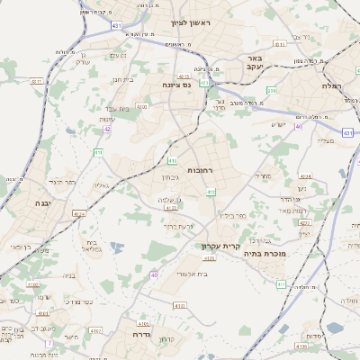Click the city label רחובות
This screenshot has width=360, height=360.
pyautogui.click(x=198, y=169)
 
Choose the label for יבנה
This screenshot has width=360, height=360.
pyautogui.click(x=18, y=203)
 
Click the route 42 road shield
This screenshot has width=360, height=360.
pyautogui.click(x=107, y=129)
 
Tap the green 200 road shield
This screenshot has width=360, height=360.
pyautogui.click(x=272, y=91)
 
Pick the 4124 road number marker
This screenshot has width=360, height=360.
pyautogui.click(x=80, y=214)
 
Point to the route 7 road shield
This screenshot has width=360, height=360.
pyautogui.click(x=49, y=344)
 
